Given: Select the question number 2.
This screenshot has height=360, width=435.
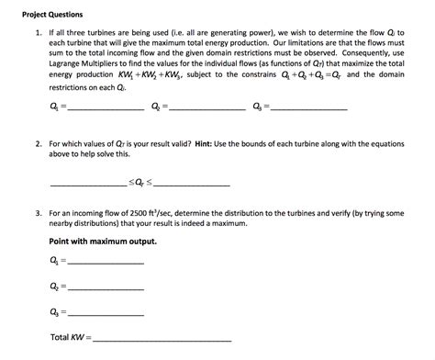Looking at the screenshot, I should pyautogui.click(x=38, y=144).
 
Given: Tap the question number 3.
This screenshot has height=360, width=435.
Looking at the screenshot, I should pyautogui.click(x=38, y=211).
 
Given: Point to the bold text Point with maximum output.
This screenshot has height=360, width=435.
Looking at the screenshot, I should pyautogui.click(x=102, y=242).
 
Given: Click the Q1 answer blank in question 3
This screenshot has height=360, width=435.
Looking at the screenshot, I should pyautogui.click(x=106, y=264).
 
